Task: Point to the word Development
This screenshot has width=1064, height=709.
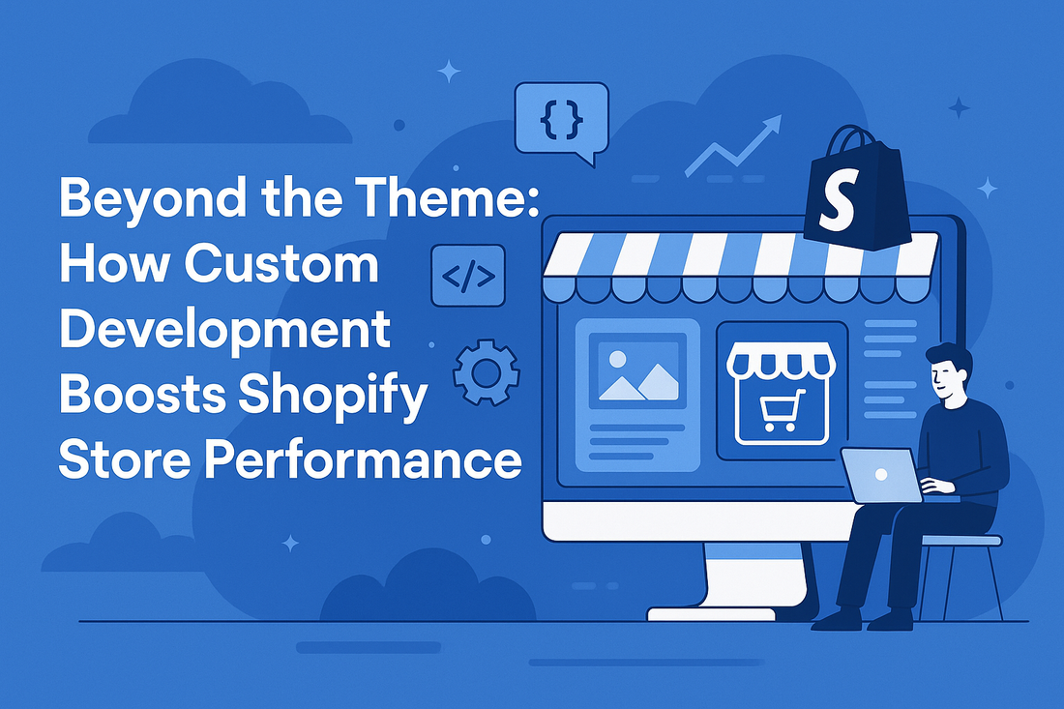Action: pyautogui.click(x=224, y=329)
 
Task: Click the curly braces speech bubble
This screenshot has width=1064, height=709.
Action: pyautogui.click(x=561, y=118)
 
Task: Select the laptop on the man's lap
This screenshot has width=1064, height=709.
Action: pyautogui.click(x=880, y=475)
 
